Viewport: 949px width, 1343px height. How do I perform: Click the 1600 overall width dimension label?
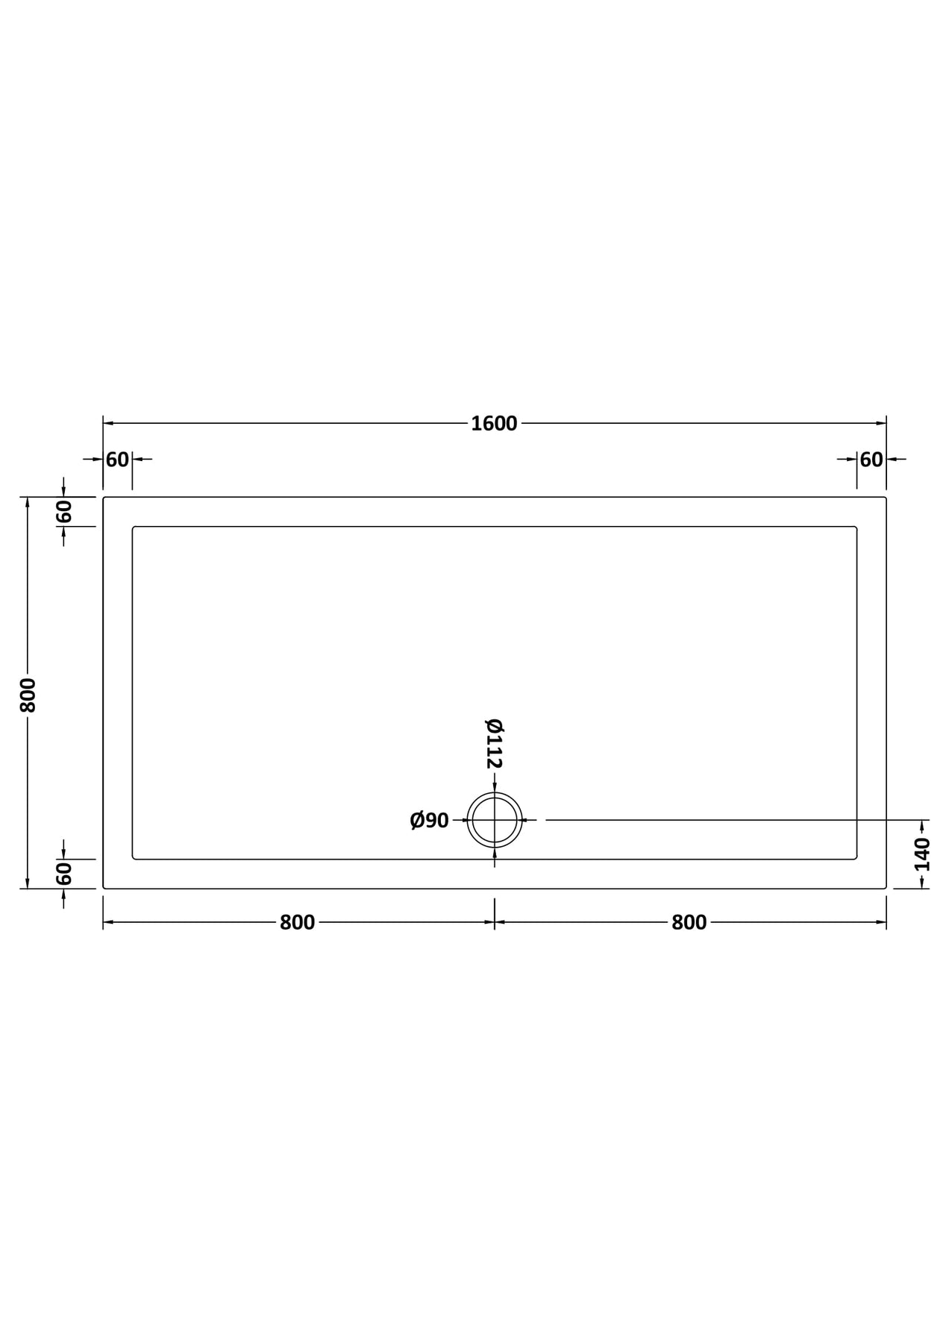pos(494,424)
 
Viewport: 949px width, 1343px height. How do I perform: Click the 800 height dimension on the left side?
pos(28,695)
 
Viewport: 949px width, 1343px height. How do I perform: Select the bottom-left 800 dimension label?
pos(297,923)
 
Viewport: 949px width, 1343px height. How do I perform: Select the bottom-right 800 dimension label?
pos(689,923)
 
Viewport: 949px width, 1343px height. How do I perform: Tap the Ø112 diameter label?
pos(495,743)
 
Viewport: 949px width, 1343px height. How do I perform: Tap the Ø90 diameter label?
pos(429,821)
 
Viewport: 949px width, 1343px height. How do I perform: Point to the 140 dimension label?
pos(923,854)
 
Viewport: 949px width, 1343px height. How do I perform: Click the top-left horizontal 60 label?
pos(117,460)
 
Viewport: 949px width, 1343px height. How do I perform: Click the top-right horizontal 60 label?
pos(871,460)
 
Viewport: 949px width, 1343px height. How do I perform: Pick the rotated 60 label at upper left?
pos(64,512)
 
